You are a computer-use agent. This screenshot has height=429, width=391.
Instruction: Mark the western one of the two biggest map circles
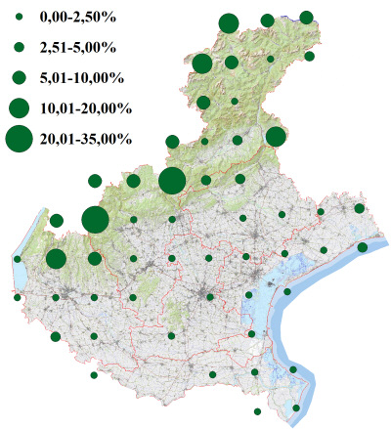click(95, 220)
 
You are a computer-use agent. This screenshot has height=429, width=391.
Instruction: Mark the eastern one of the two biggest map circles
click(171, 181)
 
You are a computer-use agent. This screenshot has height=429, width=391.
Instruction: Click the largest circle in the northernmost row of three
click(229, 23)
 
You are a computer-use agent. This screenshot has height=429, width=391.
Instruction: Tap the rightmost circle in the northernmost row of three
click(306, 18)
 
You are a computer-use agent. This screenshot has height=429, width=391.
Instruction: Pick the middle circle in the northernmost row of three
click(268, 21)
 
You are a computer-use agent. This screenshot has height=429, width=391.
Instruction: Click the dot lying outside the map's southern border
click(257, 411)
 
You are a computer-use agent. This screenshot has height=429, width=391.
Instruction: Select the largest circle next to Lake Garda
click(56, 259)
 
